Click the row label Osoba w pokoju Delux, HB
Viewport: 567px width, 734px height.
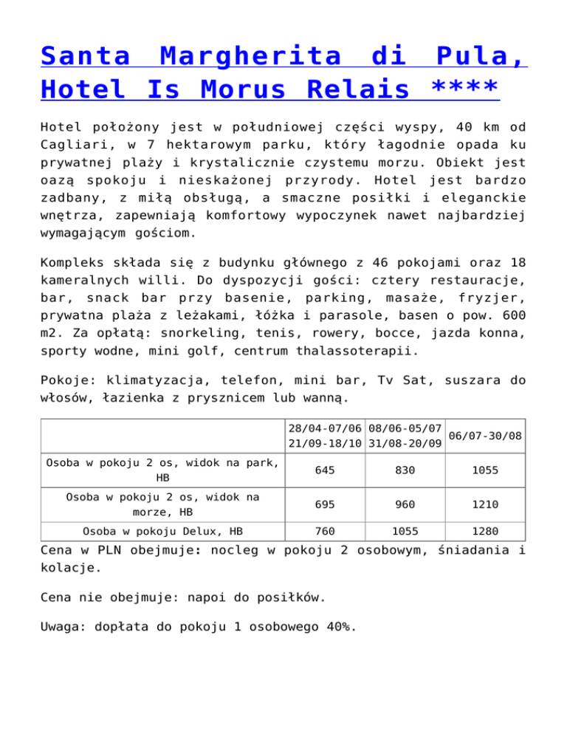click(x=163, y=530)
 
